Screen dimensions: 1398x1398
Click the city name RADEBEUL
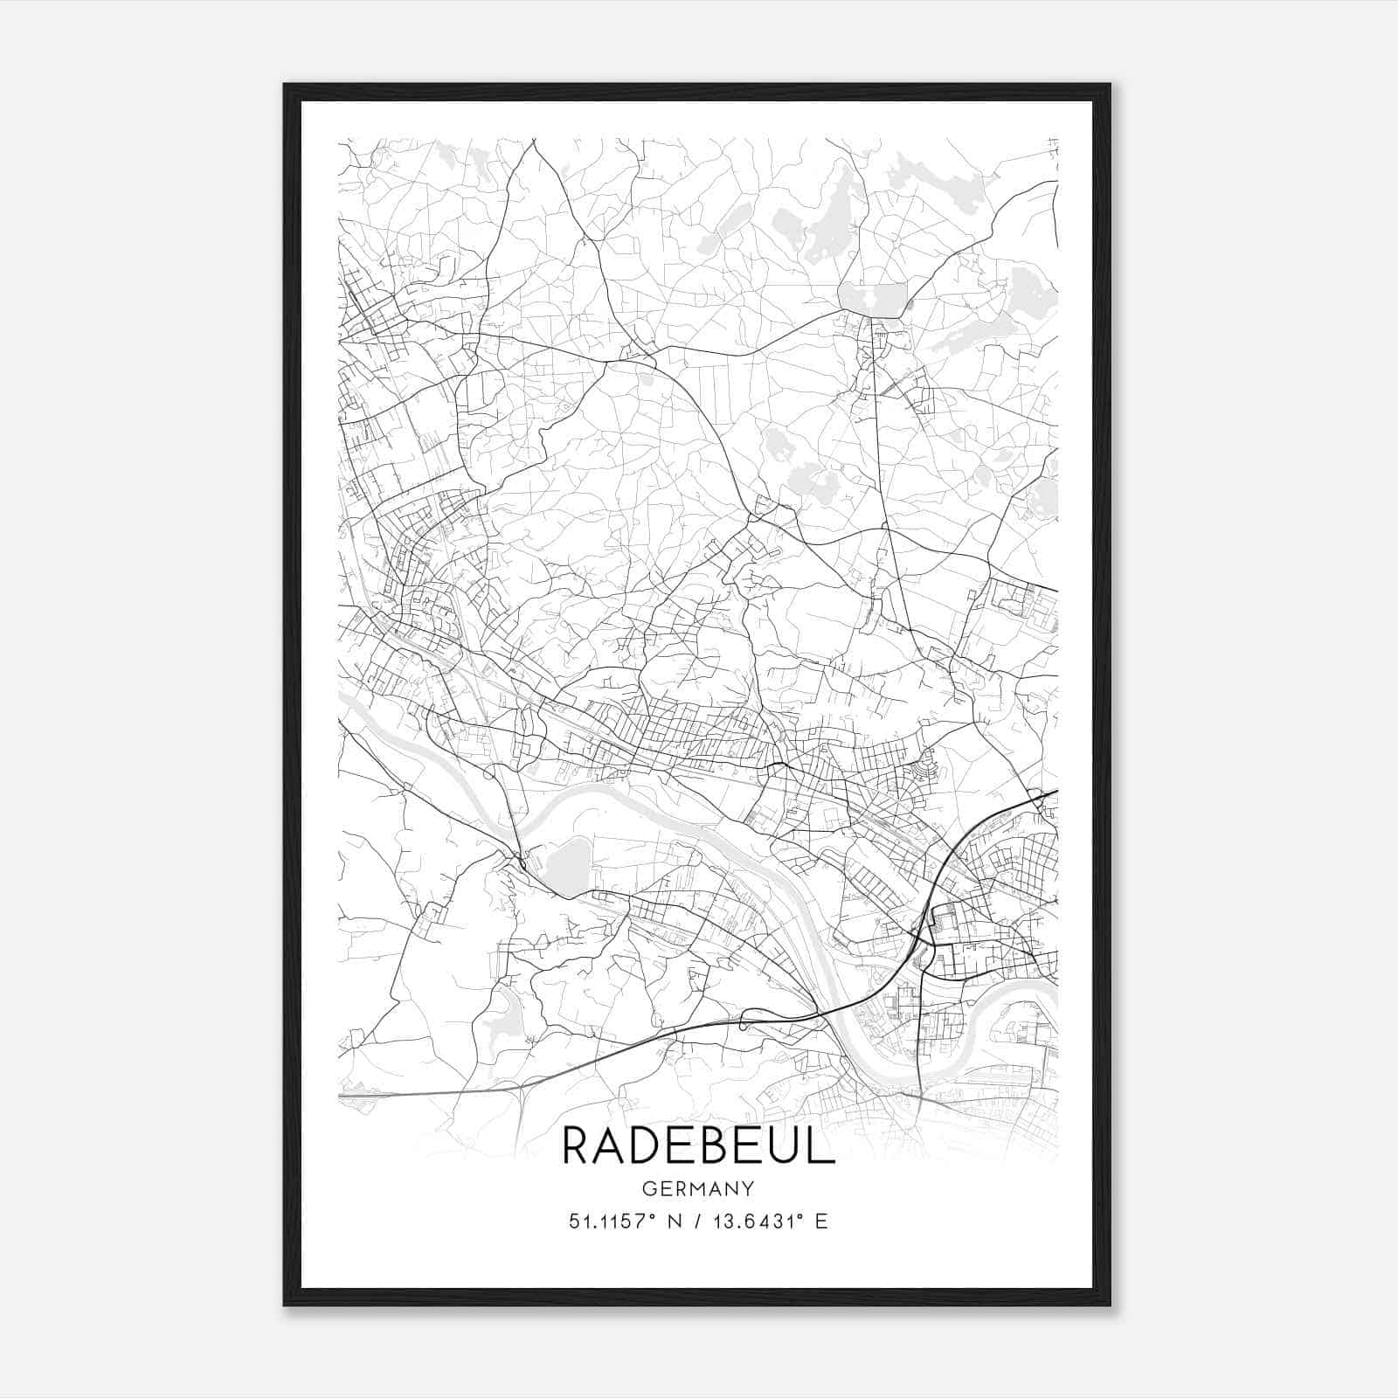click(698, 1145)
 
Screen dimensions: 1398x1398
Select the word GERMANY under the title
click(698, 1188)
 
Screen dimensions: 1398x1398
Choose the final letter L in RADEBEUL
click(823, 1145)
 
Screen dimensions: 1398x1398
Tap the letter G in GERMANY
click(647, 1188)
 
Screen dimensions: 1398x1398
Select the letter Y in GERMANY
click(748, 1188)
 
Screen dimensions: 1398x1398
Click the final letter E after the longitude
click(821, 1222)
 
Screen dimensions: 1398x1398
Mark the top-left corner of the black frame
click(285, 85)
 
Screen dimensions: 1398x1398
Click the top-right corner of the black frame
click(1110, 85)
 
